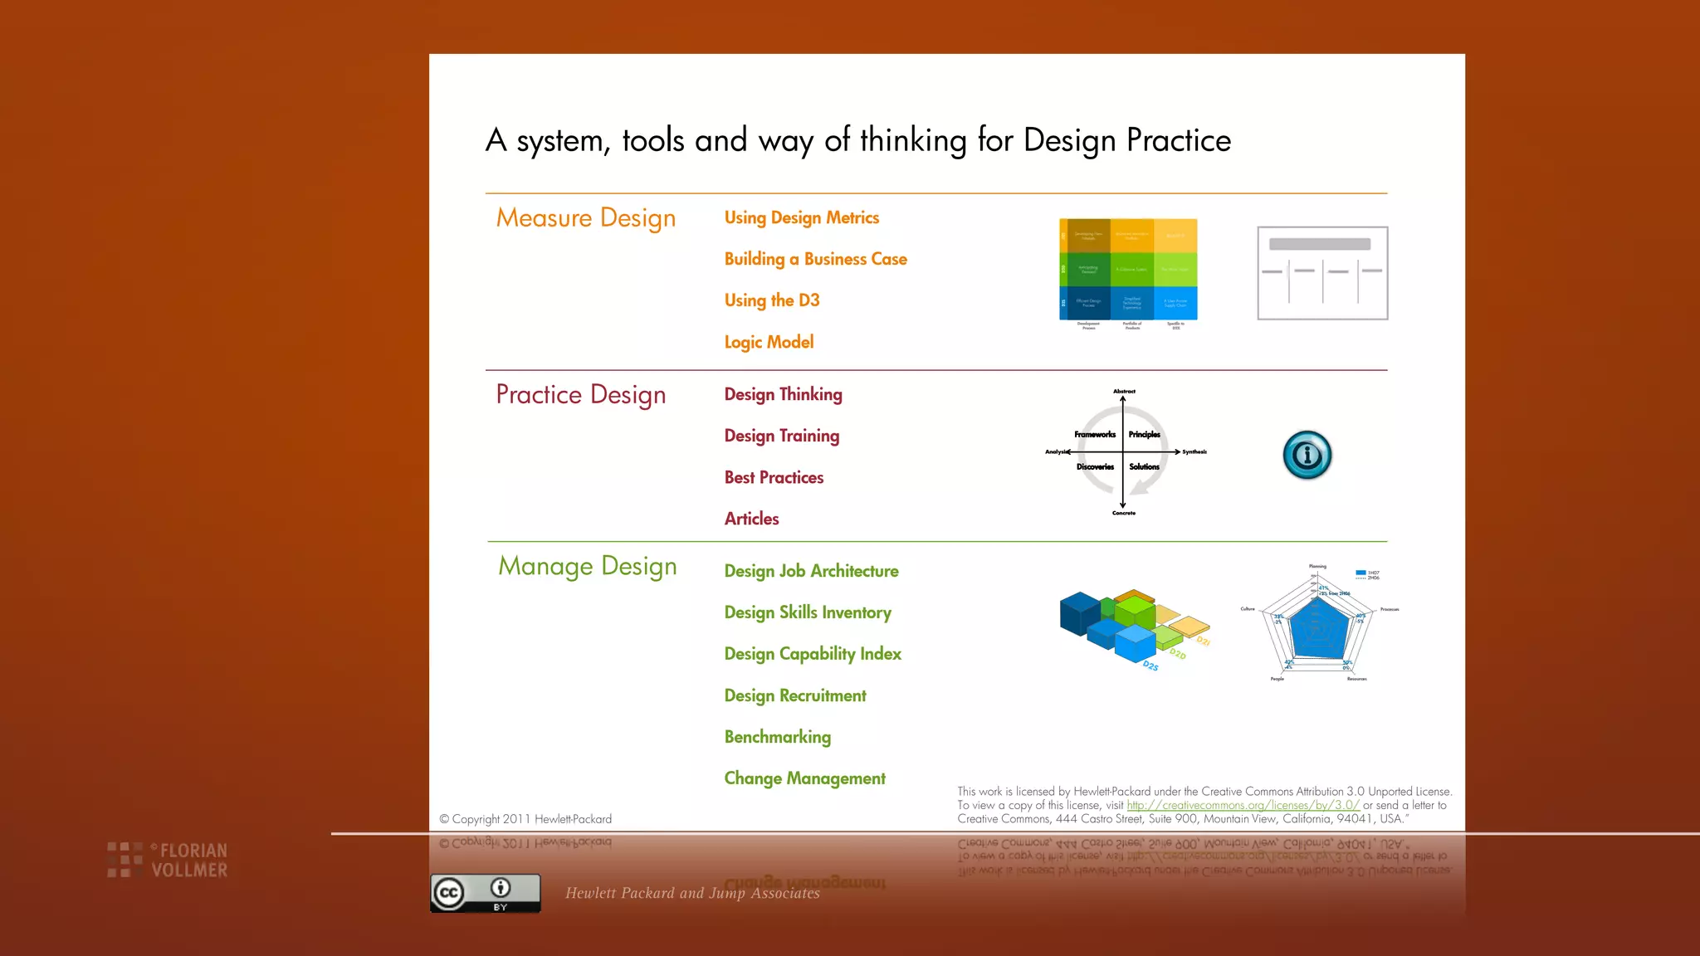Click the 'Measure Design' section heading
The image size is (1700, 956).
(x=585, y=218)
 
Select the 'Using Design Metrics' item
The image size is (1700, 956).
(x=801, y=218)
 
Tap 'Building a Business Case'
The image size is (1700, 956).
(x=815, y=260)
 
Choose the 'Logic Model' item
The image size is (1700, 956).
(x=769, y=343)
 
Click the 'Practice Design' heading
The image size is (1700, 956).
(x=580, y=395)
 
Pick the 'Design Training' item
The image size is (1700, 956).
(x=781, y=437)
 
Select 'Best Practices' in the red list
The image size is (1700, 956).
(x=774, y=478)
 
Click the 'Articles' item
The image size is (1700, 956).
(x=751, y=519)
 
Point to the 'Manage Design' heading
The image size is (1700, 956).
(x=587, y=567)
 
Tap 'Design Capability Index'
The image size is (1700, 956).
(x=812, y=655)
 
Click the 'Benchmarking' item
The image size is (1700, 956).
(x=777, y=738)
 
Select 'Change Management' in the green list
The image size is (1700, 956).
(x=804, y=779)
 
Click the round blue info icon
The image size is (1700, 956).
(x=1307, y=455)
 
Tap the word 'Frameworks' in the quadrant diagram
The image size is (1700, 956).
(x=1094, y=435)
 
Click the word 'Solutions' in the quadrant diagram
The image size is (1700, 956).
(x=1144, y=467)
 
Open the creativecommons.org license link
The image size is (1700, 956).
(x=1242, y=806)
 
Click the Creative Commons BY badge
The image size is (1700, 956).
(x=485, y=894)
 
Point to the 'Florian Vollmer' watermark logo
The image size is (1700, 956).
(x=169, y=861)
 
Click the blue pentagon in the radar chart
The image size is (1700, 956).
(x=1317, y=628)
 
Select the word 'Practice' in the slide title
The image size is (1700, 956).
(x=1178, y=141)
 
